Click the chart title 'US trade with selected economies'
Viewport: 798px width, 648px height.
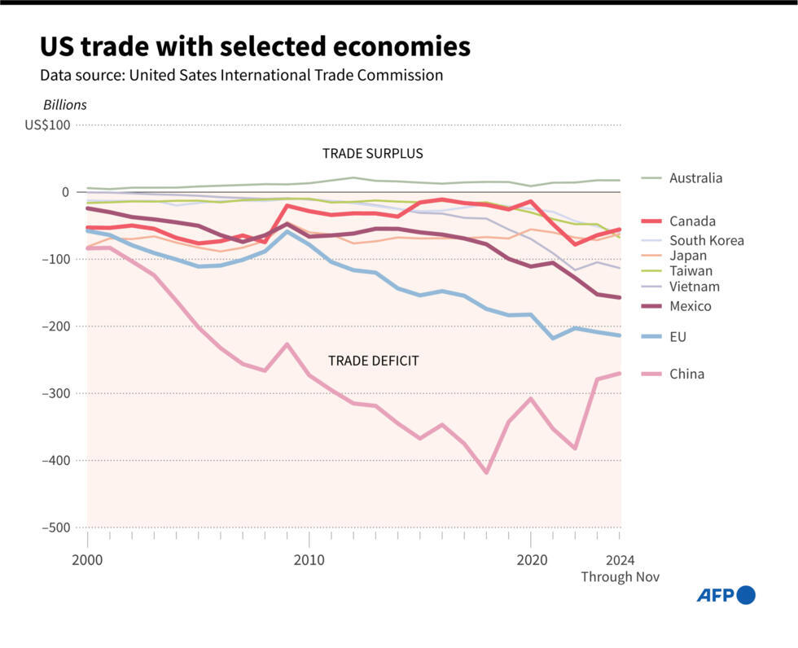click(255, 46)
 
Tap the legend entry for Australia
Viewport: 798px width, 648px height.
click(695, 178)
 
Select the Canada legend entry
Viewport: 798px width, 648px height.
click(692, 221)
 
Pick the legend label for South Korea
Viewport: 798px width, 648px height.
click(706, 240)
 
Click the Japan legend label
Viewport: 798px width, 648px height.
click(688, 256)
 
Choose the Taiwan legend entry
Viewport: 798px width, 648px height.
click(691, 271)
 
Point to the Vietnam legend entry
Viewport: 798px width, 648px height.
click(694, 287)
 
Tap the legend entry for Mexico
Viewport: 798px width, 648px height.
click(690, 306)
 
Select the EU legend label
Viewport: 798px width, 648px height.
click(678, 336)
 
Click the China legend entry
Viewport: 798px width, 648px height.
click(686, 374)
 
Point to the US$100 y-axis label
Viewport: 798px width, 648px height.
click(47, 125)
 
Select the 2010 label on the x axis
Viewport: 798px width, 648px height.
click(309, 560)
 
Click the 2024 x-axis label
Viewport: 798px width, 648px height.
click(620, 560)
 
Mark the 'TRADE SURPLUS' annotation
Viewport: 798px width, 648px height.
click(372, 154)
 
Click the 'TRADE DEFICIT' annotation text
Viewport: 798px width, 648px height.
click(373, 361)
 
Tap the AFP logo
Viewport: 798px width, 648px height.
click(726, 596)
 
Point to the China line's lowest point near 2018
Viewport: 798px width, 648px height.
click(487, 471)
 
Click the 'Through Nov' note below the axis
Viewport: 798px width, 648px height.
click(619, 577)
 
